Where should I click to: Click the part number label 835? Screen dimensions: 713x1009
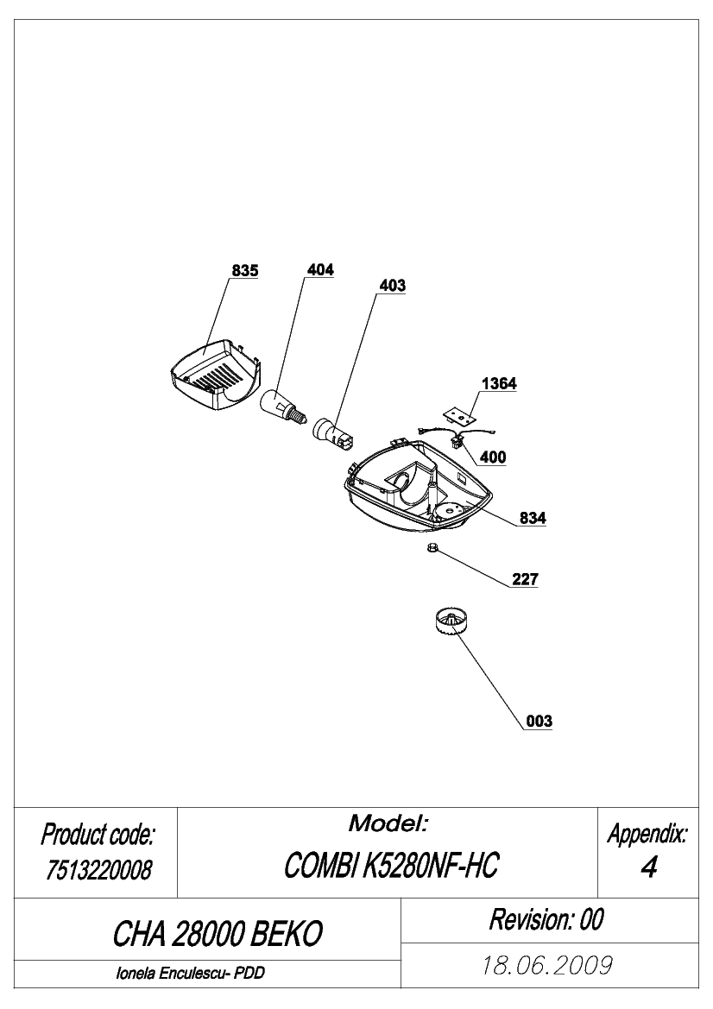(x=244, y=271)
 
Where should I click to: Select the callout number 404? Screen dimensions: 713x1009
(x=320, y=269)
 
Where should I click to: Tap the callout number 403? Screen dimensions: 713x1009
(x=392, y=285)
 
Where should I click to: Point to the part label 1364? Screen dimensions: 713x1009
(x=499, y=383)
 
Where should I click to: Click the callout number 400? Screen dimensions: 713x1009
(x=493, y=457)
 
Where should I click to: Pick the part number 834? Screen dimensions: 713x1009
(x=533, y=517)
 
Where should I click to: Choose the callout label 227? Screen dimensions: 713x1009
(x=525, y=578)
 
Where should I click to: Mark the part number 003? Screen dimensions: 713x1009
(x=539, y=721)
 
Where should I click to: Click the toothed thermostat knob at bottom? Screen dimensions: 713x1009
(x=451, y=625)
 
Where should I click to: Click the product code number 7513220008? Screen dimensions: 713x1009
(x=98, y=870)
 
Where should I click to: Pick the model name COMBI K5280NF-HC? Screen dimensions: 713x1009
(x=391, y=866)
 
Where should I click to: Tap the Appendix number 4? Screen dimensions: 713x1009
(x=648, y=867)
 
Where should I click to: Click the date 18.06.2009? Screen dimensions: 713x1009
(x=547, y=965)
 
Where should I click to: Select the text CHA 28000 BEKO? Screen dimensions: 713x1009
(x=218, y=933)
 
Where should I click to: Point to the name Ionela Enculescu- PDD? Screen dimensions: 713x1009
(x=190, y=973)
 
